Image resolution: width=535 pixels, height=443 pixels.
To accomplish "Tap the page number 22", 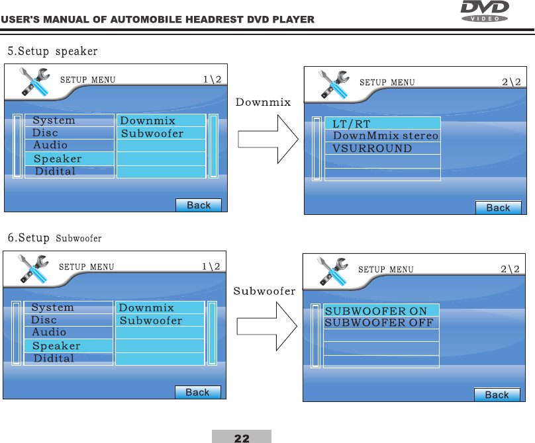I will (x=242, y=438).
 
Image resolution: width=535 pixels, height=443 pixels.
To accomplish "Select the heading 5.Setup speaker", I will (x=52, y=51).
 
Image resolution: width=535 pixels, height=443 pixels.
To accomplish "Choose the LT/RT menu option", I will (x=352, y=124).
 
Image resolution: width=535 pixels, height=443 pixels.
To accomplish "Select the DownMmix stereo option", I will (x=385, y=136).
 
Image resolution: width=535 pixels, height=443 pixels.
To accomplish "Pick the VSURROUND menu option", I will (x=372, y=148).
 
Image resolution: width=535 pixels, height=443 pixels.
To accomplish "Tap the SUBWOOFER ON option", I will (x=376, y=311).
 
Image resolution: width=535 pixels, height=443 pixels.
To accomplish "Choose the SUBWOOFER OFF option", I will (x=379, y=323).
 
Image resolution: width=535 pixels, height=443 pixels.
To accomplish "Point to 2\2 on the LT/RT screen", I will (x=511, y=83).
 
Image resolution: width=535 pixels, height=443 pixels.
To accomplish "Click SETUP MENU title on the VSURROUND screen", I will (x=387, y=83).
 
